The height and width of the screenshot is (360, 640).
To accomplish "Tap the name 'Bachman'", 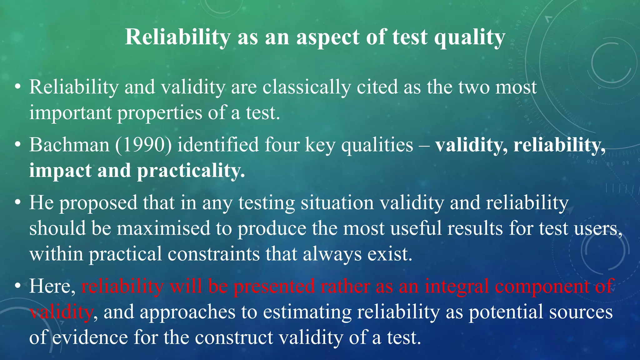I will point(69,145).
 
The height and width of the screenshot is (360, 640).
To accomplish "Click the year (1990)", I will point(143,145).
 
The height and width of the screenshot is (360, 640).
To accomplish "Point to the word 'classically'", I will point(307,87).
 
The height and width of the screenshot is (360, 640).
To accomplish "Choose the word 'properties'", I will point(160,113).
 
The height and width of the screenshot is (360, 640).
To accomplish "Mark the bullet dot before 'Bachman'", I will point(18,145).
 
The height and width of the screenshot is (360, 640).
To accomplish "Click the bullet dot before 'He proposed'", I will point(18,202).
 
